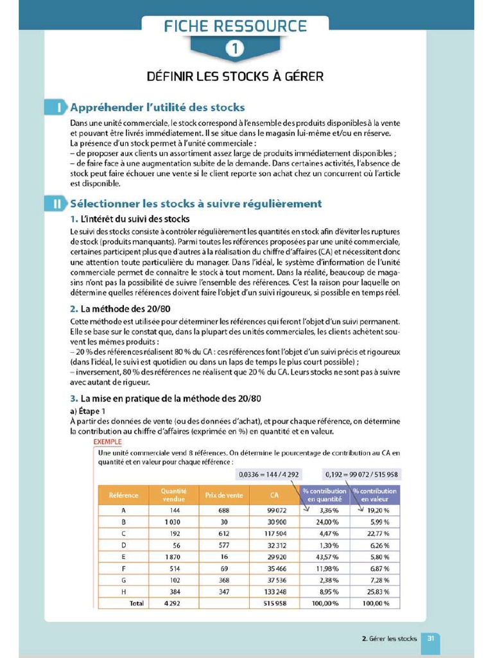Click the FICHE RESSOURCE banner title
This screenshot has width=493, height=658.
(235, 26)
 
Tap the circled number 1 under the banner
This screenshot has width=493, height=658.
(235, 49)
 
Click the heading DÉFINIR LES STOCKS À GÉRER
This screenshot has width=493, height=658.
(235, 76)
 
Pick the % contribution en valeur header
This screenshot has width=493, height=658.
(374, 495)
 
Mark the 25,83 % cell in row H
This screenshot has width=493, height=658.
(374, 591)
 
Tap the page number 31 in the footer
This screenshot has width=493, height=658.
(432, 638)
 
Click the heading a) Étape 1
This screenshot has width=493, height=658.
(91, 411)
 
